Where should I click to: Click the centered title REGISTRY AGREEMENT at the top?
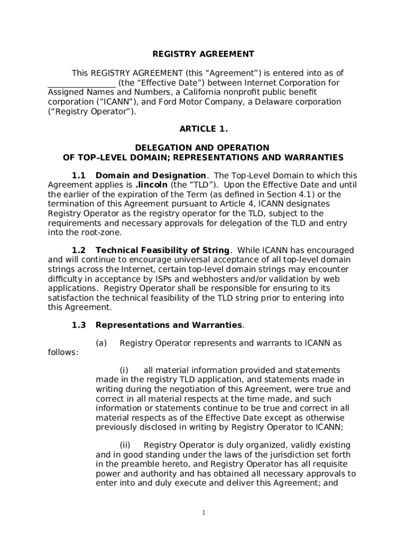tap(203, 54)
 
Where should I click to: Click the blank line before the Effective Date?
tap(81, 83)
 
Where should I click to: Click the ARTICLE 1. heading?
tap(203, 129)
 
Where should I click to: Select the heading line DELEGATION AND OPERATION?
tap(202, 148)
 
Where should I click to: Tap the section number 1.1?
tap(79, 175)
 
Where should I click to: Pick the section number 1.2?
tap(79, 250)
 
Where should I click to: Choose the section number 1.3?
tap(79, 325)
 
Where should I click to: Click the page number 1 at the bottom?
tap(203, 513)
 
